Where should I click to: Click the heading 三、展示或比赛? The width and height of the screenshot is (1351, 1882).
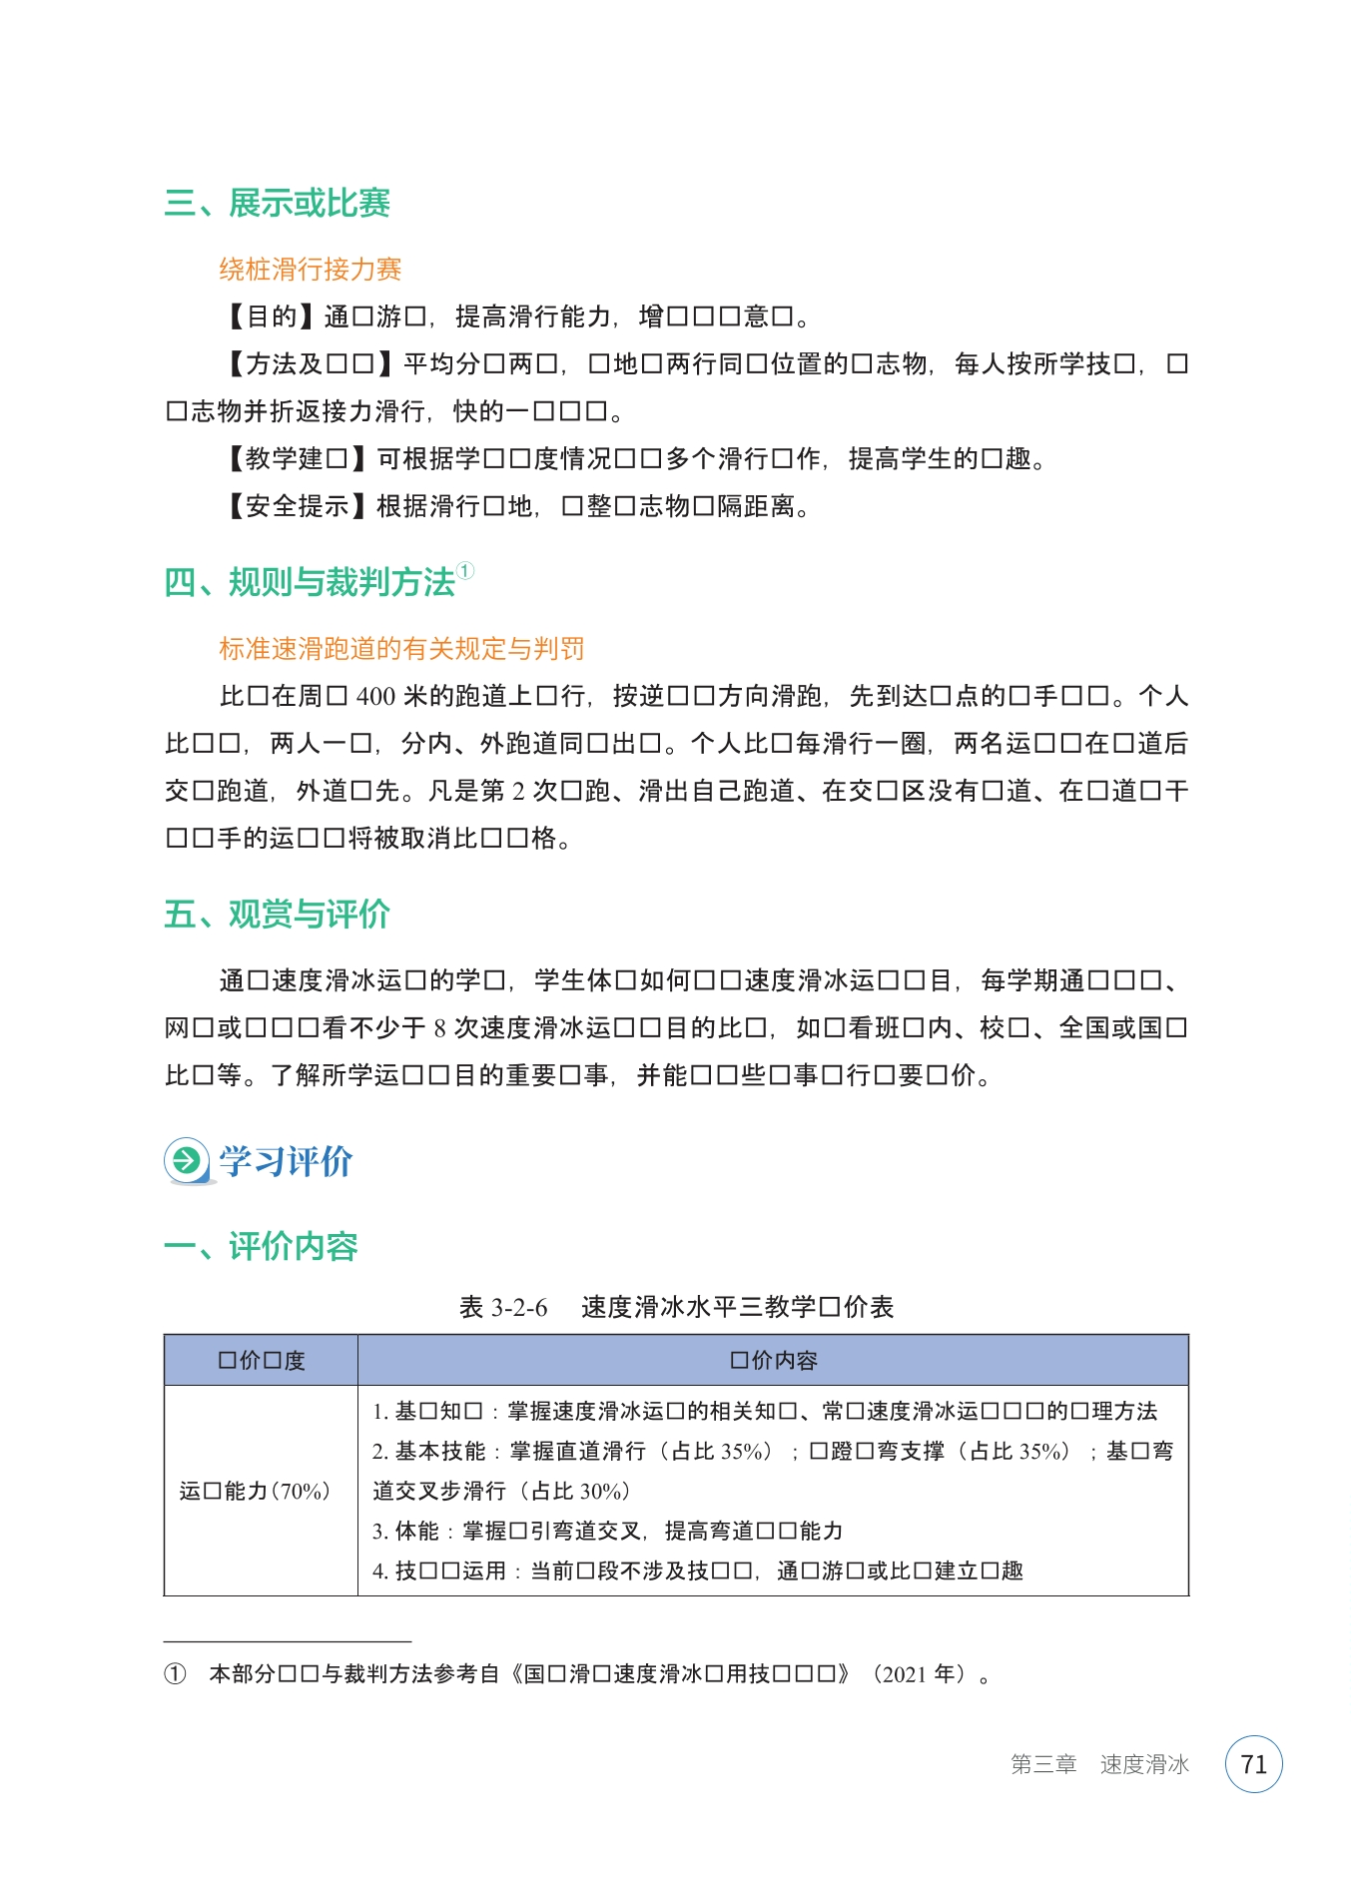pos(277,203)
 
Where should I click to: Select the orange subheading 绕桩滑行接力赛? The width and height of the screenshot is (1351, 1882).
pos(310,269)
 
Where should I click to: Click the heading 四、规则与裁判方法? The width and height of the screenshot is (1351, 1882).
pos(310,582)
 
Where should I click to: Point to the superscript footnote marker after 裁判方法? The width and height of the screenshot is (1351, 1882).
pos(465,571)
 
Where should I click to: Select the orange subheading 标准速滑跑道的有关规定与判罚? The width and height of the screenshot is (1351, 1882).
pos(401,649)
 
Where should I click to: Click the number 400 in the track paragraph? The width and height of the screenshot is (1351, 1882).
pos(376,696)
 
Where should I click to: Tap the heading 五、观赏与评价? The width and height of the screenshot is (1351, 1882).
pos(277,915)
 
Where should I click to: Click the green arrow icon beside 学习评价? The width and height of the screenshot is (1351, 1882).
pos(186,1160)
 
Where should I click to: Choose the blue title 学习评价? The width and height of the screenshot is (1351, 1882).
pos(286,1161)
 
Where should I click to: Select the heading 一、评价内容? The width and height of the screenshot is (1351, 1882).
pos(261,1246)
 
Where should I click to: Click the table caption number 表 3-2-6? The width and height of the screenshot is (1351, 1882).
pos(503,1307)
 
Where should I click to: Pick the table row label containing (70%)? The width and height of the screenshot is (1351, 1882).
pos(255,1491)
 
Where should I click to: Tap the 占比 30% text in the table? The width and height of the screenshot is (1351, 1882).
pos(580,1491)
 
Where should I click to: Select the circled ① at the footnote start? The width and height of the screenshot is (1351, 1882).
pos(175,1674)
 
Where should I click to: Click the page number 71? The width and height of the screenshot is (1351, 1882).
pos(1253,1764)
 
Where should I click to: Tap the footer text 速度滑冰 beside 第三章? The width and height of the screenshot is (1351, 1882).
pos(1144,1764)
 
